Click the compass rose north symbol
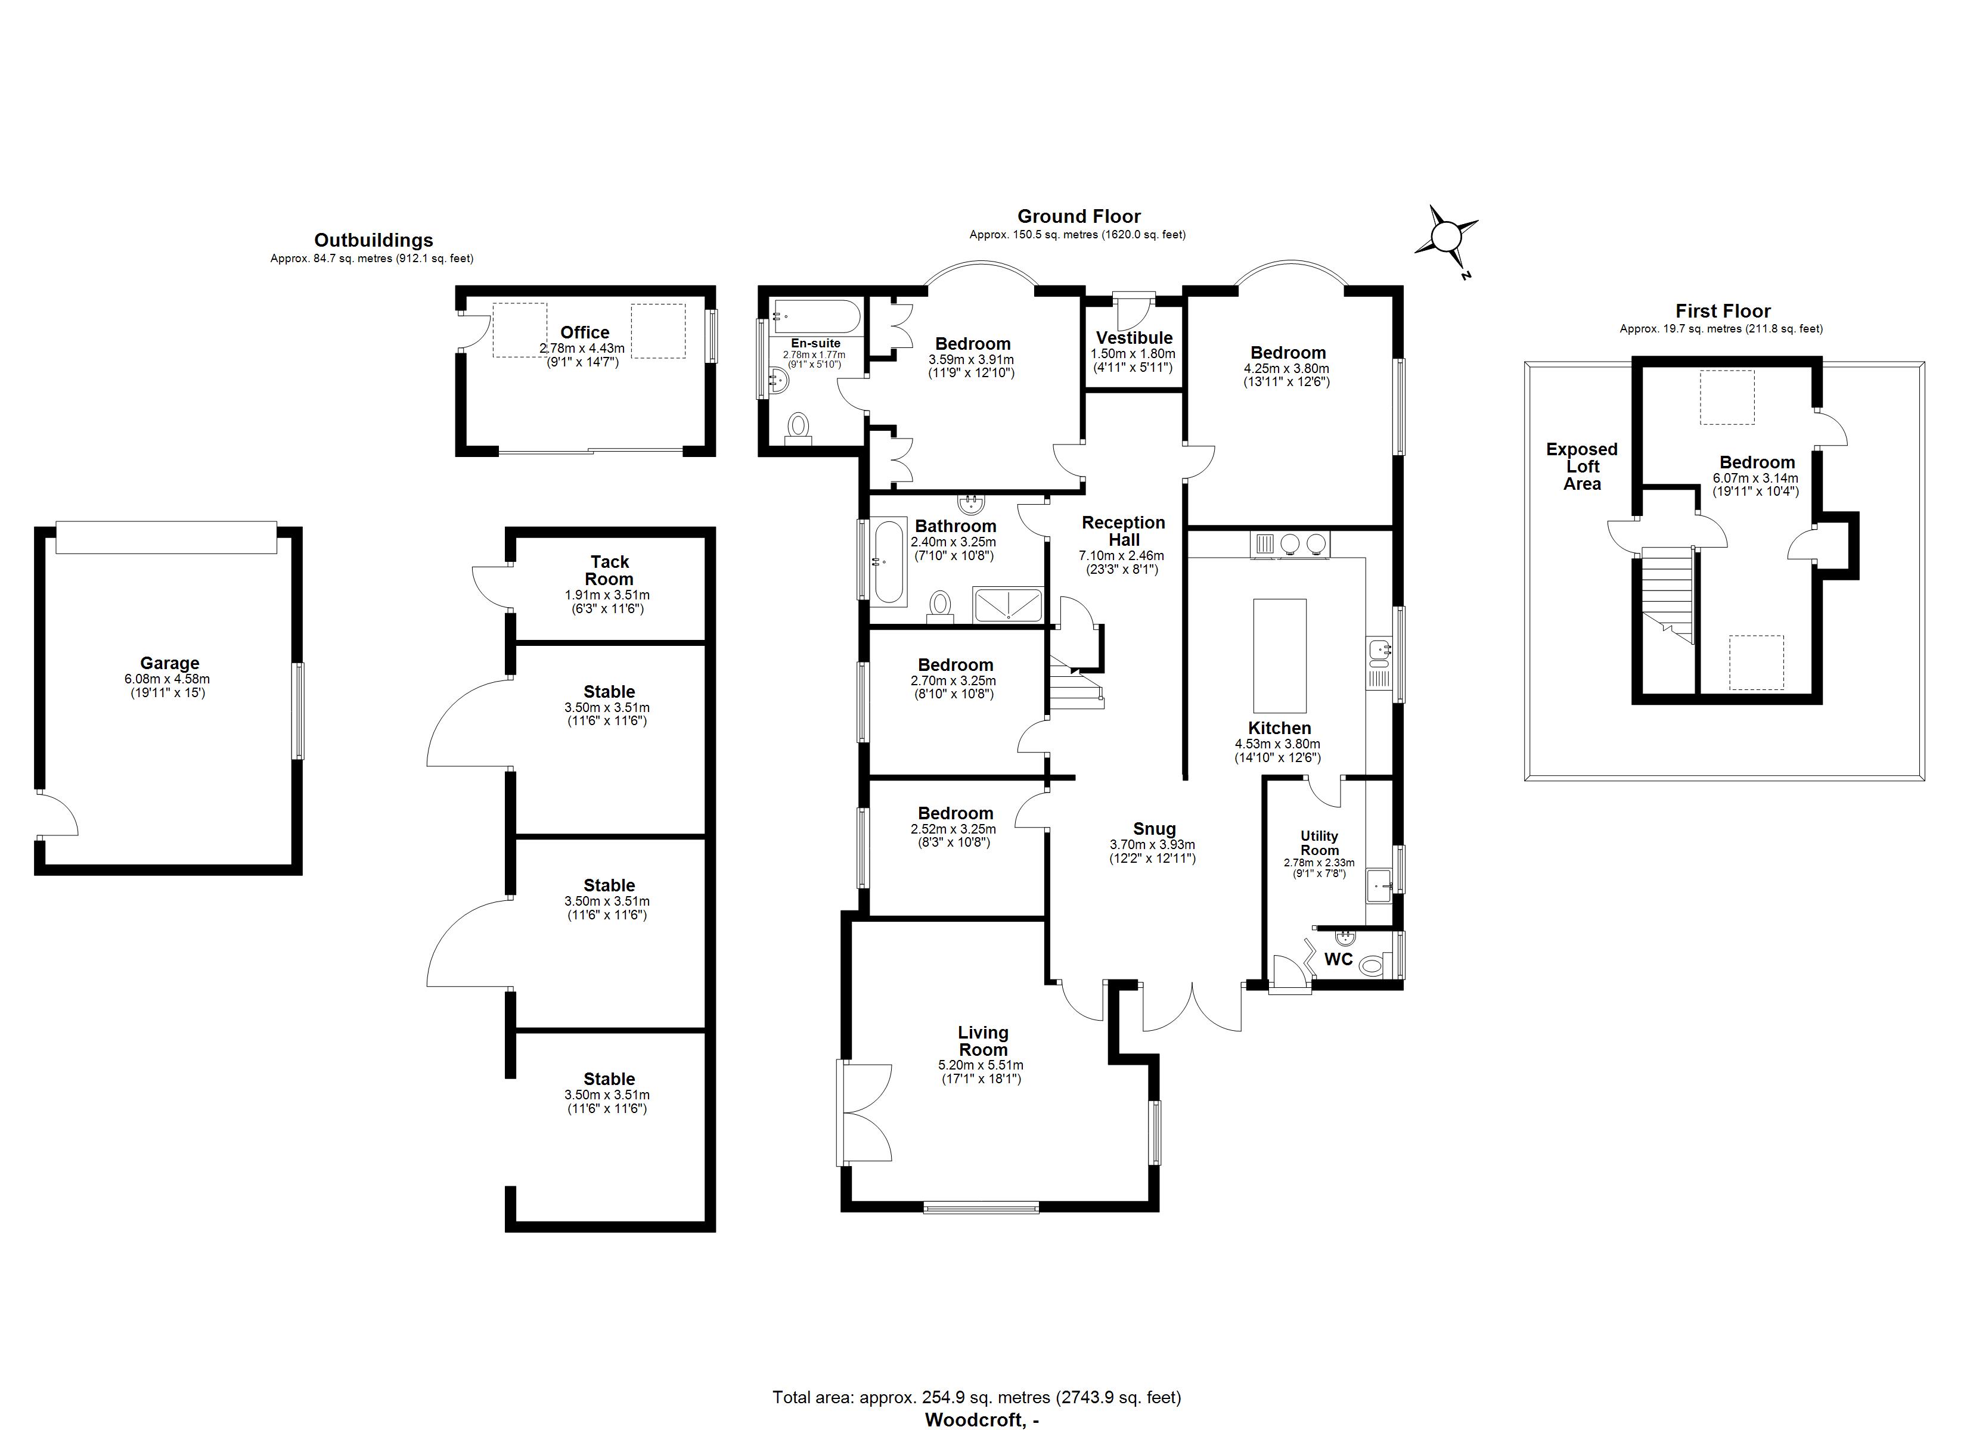(1447, 236)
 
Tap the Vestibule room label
(1134, 338)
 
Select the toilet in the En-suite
(798, 428)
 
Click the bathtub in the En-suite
(816, 316)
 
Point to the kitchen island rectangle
(1279, 655)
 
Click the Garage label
(169, 663)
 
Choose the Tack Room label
(609, 571)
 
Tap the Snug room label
(1153, 829)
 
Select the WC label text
(1338, 959)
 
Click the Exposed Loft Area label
(1582, 467)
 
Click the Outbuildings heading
(373, 240)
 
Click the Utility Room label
(1319, 843)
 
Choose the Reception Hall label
(1123, 531)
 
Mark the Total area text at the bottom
(976, 1397)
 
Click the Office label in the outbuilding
(585, 332)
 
